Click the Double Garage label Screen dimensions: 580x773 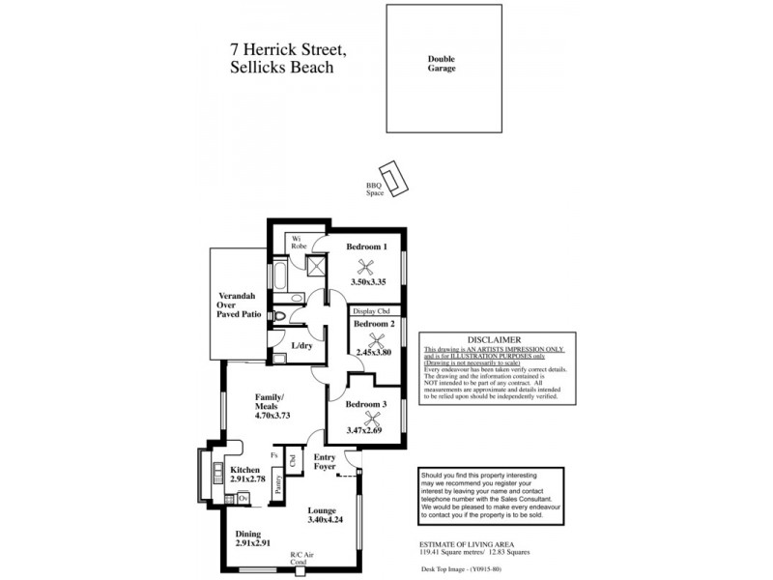tap(442, 64)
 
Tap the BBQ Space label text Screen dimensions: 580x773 tap(374, 188)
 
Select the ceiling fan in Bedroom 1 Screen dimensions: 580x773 tap(366, 269)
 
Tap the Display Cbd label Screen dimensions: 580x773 tap(376, 311)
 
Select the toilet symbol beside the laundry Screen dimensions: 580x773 tap(281, 317)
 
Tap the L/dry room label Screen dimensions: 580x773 tap(301, 345)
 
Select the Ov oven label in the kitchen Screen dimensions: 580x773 tap(243, 498)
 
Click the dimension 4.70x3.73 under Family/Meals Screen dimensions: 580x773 tap(272, 415)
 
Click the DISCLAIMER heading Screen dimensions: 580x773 tap(494, 340)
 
